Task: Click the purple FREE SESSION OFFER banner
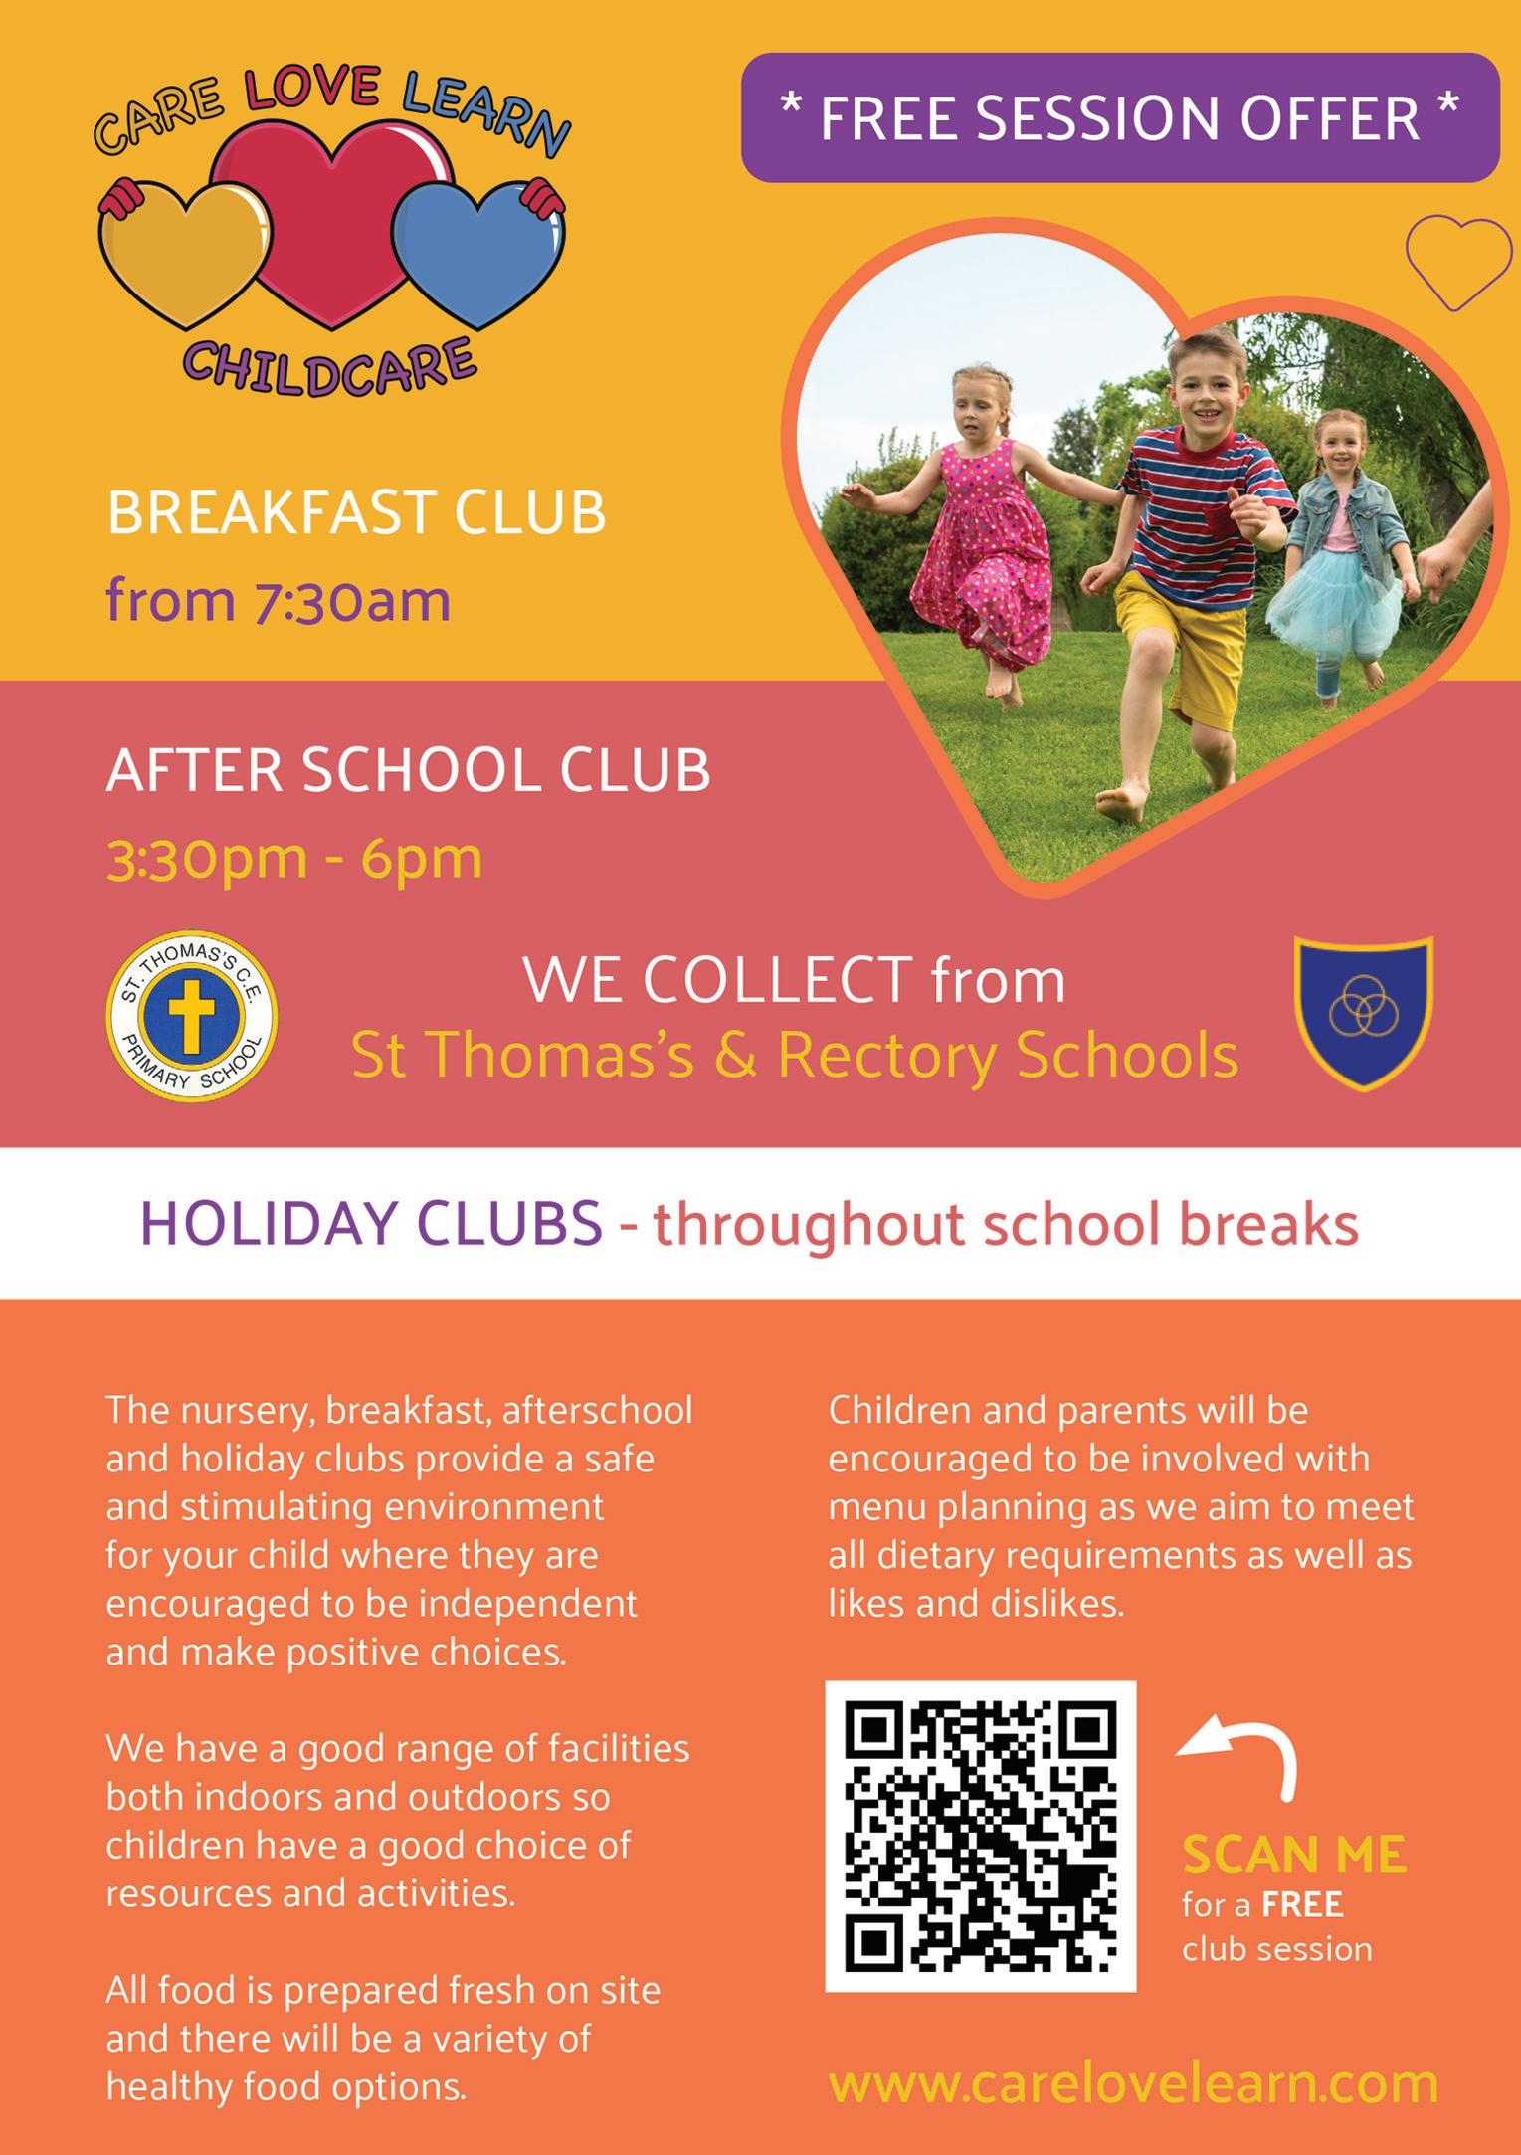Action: (1120, 117)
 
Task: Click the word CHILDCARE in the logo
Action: (328, 366)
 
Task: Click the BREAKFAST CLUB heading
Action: (356, 513)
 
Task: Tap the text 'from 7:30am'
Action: (279, 601)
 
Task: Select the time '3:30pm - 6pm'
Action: (294, 858)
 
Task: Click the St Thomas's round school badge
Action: (191, 1017)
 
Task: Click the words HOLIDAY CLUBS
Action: (372, 1224)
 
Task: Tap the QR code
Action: (981, 1837)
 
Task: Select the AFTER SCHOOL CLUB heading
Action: (408, 770)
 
